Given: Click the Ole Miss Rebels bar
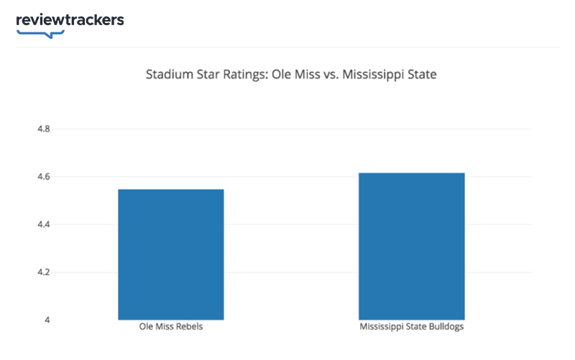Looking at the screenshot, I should click(x=171, y=254).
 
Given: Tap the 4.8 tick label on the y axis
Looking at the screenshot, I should click(x=42, y=129).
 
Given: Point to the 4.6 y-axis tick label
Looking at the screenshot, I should click(x=42, y=177).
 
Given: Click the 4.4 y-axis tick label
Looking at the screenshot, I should click(x=42, y=225).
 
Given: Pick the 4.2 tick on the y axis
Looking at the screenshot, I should click(x=42, y=272).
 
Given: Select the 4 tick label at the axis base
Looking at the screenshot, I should click(x=47, y=320).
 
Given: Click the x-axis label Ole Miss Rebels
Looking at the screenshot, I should click(x=171, y=328).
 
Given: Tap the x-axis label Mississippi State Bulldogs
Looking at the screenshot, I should click(x=412, y=328).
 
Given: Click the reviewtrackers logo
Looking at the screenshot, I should click(x=70, y=20).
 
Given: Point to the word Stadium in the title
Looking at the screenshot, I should click(x=169, y=74).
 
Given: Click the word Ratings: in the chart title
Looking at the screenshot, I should click(x=244, y=74).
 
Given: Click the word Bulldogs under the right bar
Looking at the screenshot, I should click(x=446, y=328).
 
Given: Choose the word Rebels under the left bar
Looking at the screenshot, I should click(x=190, y=328).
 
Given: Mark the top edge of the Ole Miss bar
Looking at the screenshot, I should click(x=171, y=190).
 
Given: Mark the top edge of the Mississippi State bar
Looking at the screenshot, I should click(x=412, y=173).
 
